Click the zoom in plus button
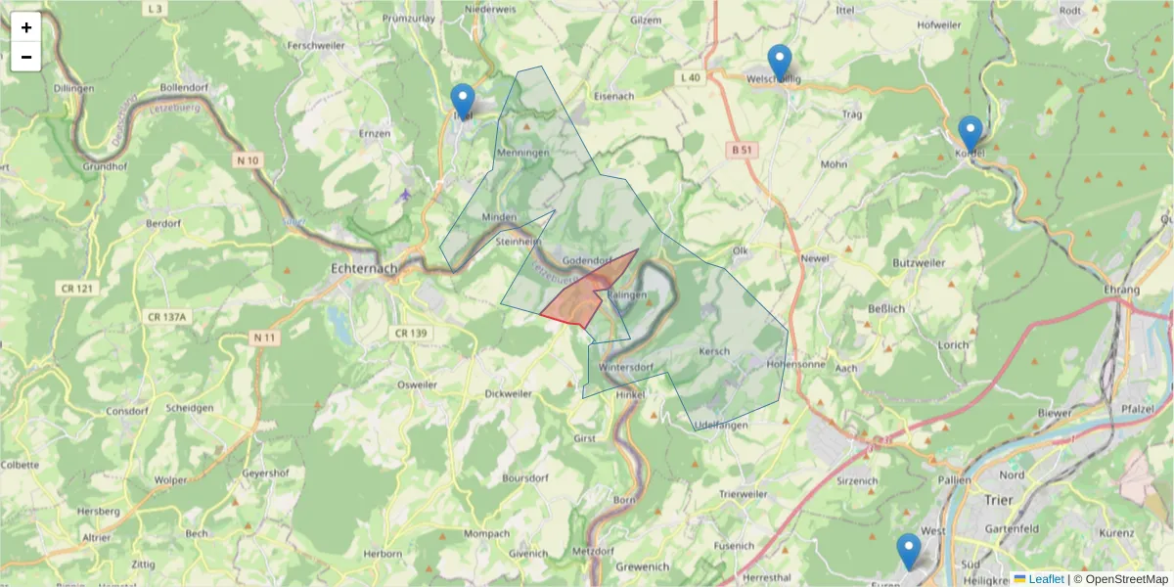point(26,27)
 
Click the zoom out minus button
point(26,57)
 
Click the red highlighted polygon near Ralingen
point(577,303)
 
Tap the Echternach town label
point(364,268)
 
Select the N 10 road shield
point(248,159)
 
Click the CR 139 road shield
point(412,334)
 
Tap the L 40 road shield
point(690,77)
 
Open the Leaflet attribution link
point(1045,579)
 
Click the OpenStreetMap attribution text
point(1120,579)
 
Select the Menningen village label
point(523,154)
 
